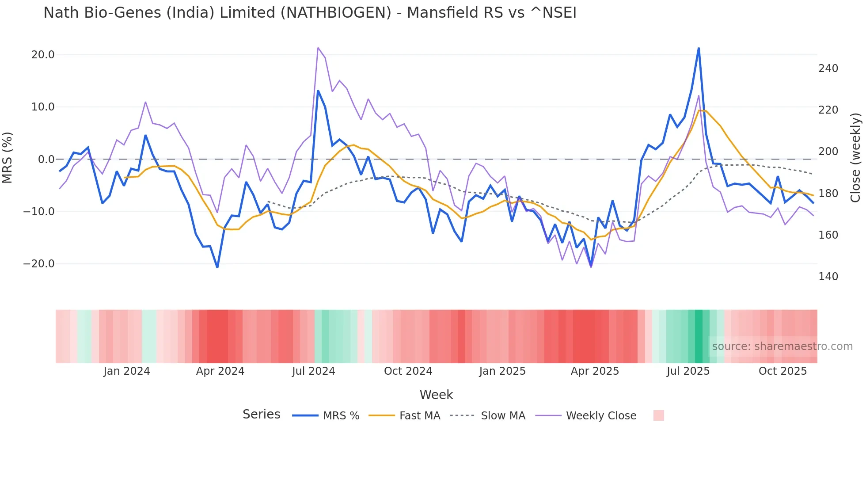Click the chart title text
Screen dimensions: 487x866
coord(310,13)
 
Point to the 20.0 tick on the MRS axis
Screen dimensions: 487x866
coord(43,55)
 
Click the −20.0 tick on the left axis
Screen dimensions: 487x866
coord(39,264)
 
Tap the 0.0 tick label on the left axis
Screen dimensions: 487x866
coord(46,159)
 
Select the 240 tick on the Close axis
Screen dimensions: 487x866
coord(828,68)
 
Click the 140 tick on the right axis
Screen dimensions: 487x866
coord(828,277)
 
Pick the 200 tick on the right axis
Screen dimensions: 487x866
coord(828,152)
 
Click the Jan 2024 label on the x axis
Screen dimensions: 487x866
coord(127,371)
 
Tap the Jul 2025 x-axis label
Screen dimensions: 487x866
coord(688,371)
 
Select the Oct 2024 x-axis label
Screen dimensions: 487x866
coord(408,371)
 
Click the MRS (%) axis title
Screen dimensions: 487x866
coord(8,157)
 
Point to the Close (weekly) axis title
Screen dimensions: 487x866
coord(855,157)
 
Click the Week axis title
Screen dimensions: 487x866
coord(436,395)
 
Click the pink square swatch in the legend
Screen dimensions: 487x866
coord(658,415)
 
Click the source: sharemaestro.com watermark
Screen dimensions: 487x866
coord(782,346)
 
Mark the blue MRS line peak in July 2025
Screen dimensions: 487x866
coord(699,48)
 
